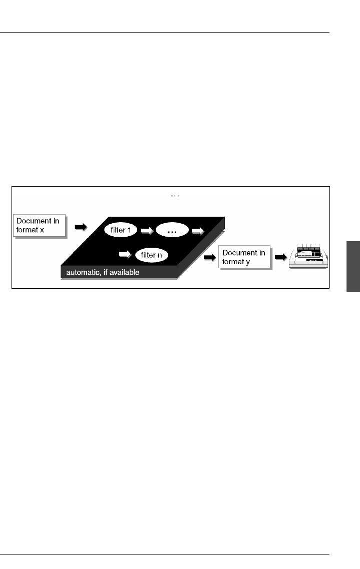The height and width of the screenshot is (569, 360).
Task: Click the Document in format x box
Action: [40, 226]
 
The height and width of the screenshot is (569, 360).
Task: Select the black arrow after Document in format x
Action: [80, 227]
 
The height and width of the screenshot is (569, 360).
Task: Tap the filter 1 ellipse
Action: [121, 230]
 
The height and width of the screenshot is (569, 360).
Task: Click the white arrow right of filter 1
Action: [147, 231]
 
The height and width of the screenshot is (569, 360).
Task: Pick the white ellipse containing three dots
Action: [172, 231]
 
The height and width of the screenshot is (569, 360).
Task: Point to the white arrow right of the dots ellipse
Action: [198, 231]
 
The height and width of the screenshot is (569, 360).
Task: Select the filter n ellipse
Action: [151, 255]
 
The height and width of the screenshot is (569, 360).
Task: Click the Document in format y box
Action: [244, 258]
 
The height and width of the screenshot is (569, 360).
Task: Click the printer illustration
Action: [309, 258]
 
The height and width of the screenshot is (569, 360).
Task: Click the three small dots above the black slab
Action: [175, 196]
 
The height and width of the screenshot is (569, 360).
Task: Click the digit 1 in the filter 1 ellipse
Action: [129, 230]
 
